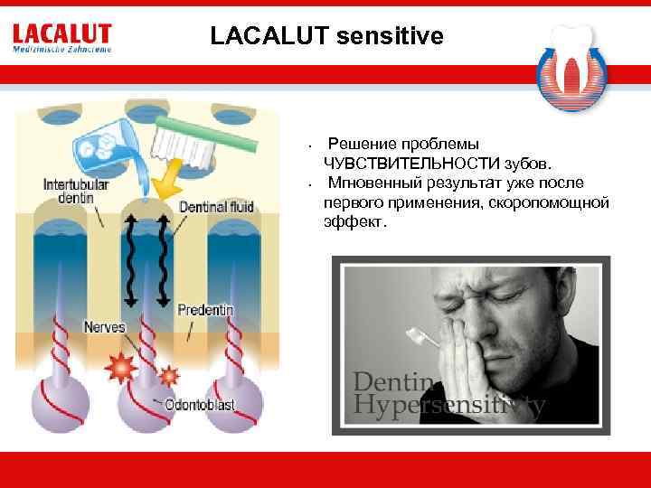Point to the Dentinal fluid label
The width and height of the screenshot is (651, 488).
point(217,207)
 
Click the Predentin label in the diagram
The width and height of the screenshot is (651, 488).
point(206,310)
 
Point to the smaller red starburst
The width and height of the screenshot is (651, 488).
point(168,373)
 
